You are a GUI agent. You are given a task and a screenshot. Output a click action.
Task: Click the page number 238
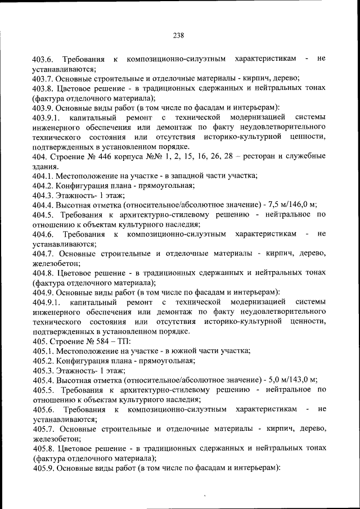pos(179,35)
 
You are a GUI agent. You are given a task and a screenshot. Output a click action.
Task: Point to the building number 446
pos(103,156)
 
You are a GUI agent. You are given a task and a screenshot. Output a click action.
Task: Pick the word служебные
pos(303,156)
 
